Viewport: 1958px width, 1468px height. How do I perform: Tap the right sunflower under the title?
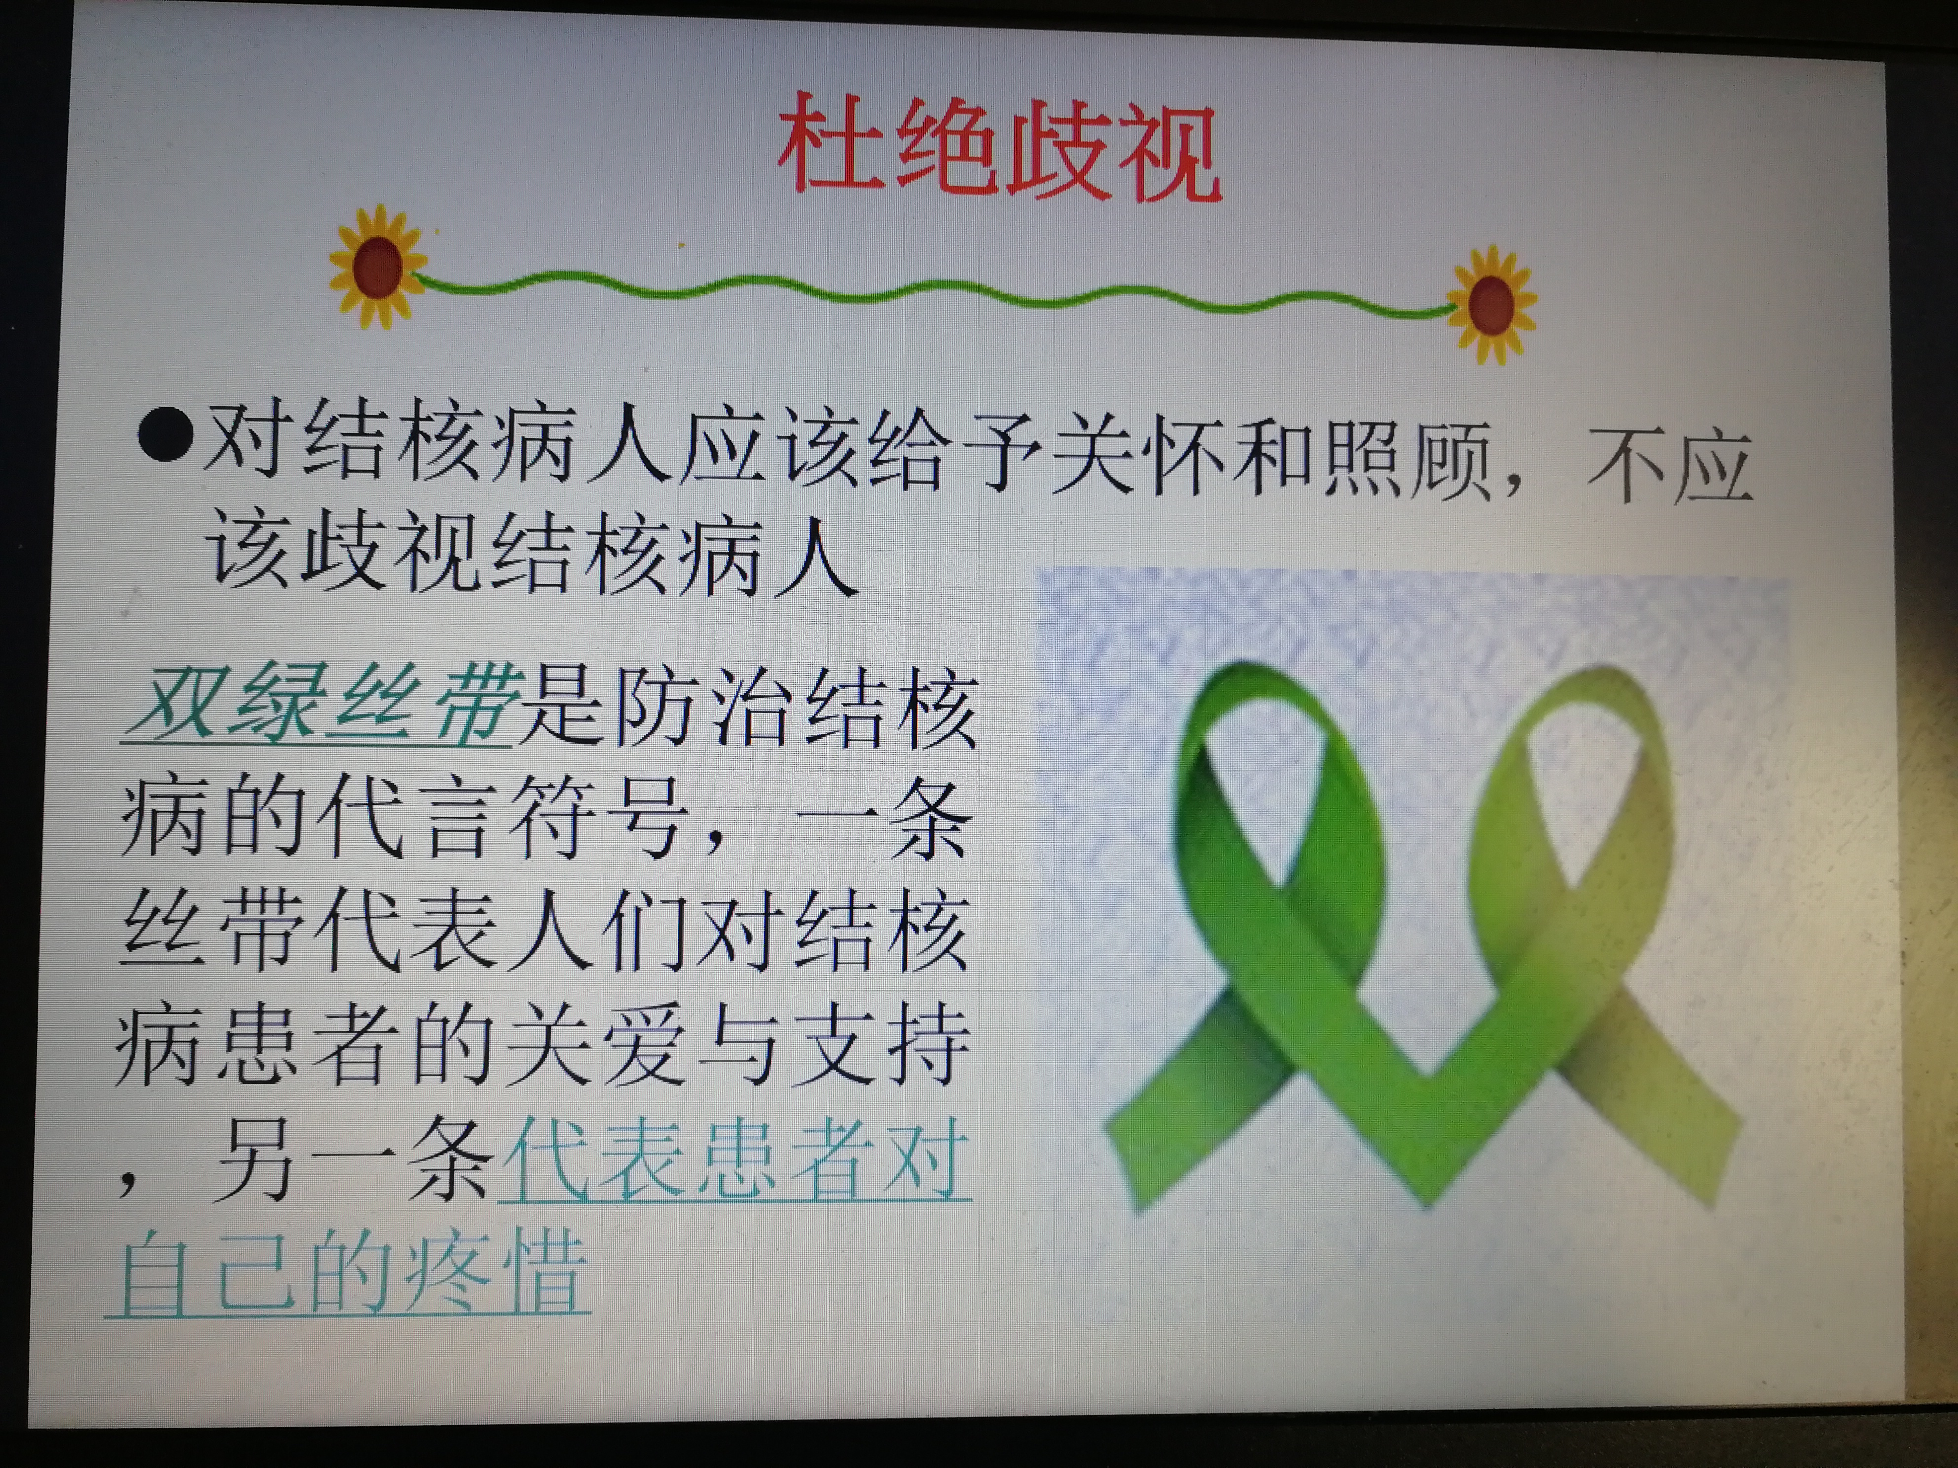click(1492, 303)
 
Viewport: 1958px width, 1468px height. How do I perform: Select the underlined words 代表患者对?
click(735, 1157)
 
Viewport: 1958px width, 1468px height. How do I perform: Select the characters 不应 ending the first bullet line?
click(1668, 466)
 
